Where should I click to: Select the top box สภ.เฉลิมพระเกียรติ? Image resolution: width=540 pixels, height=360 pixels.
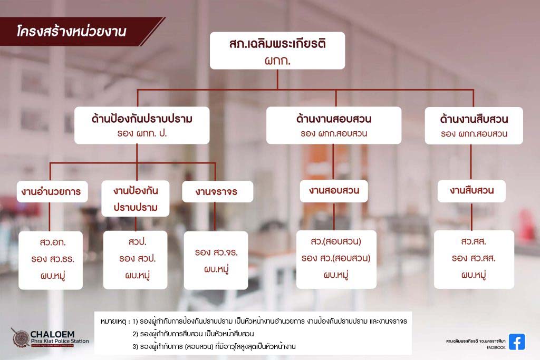pos(277,51)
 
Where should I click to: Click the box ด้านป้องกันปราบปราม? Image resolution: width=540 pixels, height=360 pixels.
pos(142,125)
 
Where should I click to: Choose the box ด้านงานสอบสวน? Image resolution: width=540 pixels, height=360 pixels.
pos(334,125)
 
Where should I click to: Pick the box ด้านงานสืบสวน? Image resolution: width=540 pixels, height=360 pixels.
pos(474,125)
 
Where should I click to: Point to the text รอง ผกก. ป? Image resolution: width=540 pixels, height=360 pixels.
pos(142,133)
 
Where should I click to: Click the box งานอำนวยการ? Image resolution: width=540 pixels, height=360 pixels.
pos(52,191)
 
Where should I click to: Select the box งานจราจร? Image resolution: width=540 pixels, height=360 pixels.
pos(218,191)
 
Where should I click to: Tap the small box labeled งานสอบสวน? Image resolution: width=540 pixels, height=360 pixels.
pos(334,191)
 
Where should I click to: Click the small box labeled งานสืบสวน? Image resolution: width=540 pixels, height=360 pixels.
pos(471,191)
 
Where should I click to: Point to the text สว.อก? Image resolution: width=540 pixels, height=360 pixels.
pos(52,242)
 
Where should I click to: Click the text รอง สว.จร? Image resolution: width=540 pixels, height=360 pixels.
pos(216,252)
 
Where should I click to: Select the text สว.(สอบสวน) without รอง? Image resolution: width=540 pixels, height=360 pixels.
pos(336,241)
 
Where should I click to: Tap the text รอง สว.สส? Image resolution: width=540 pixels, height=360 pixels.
pos(474,258)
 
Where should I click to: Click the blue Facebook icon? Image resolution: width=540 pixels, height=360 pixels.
pos(517,342)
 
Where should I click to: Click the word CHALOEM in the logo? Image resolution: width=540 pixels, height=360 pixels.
pos(52,334)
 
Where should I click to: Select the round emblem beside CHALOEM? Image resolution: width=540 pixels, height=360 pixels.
pos(20,337)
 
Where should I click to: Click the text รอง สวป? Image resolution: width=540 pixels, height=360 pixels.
pos(138,258)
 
